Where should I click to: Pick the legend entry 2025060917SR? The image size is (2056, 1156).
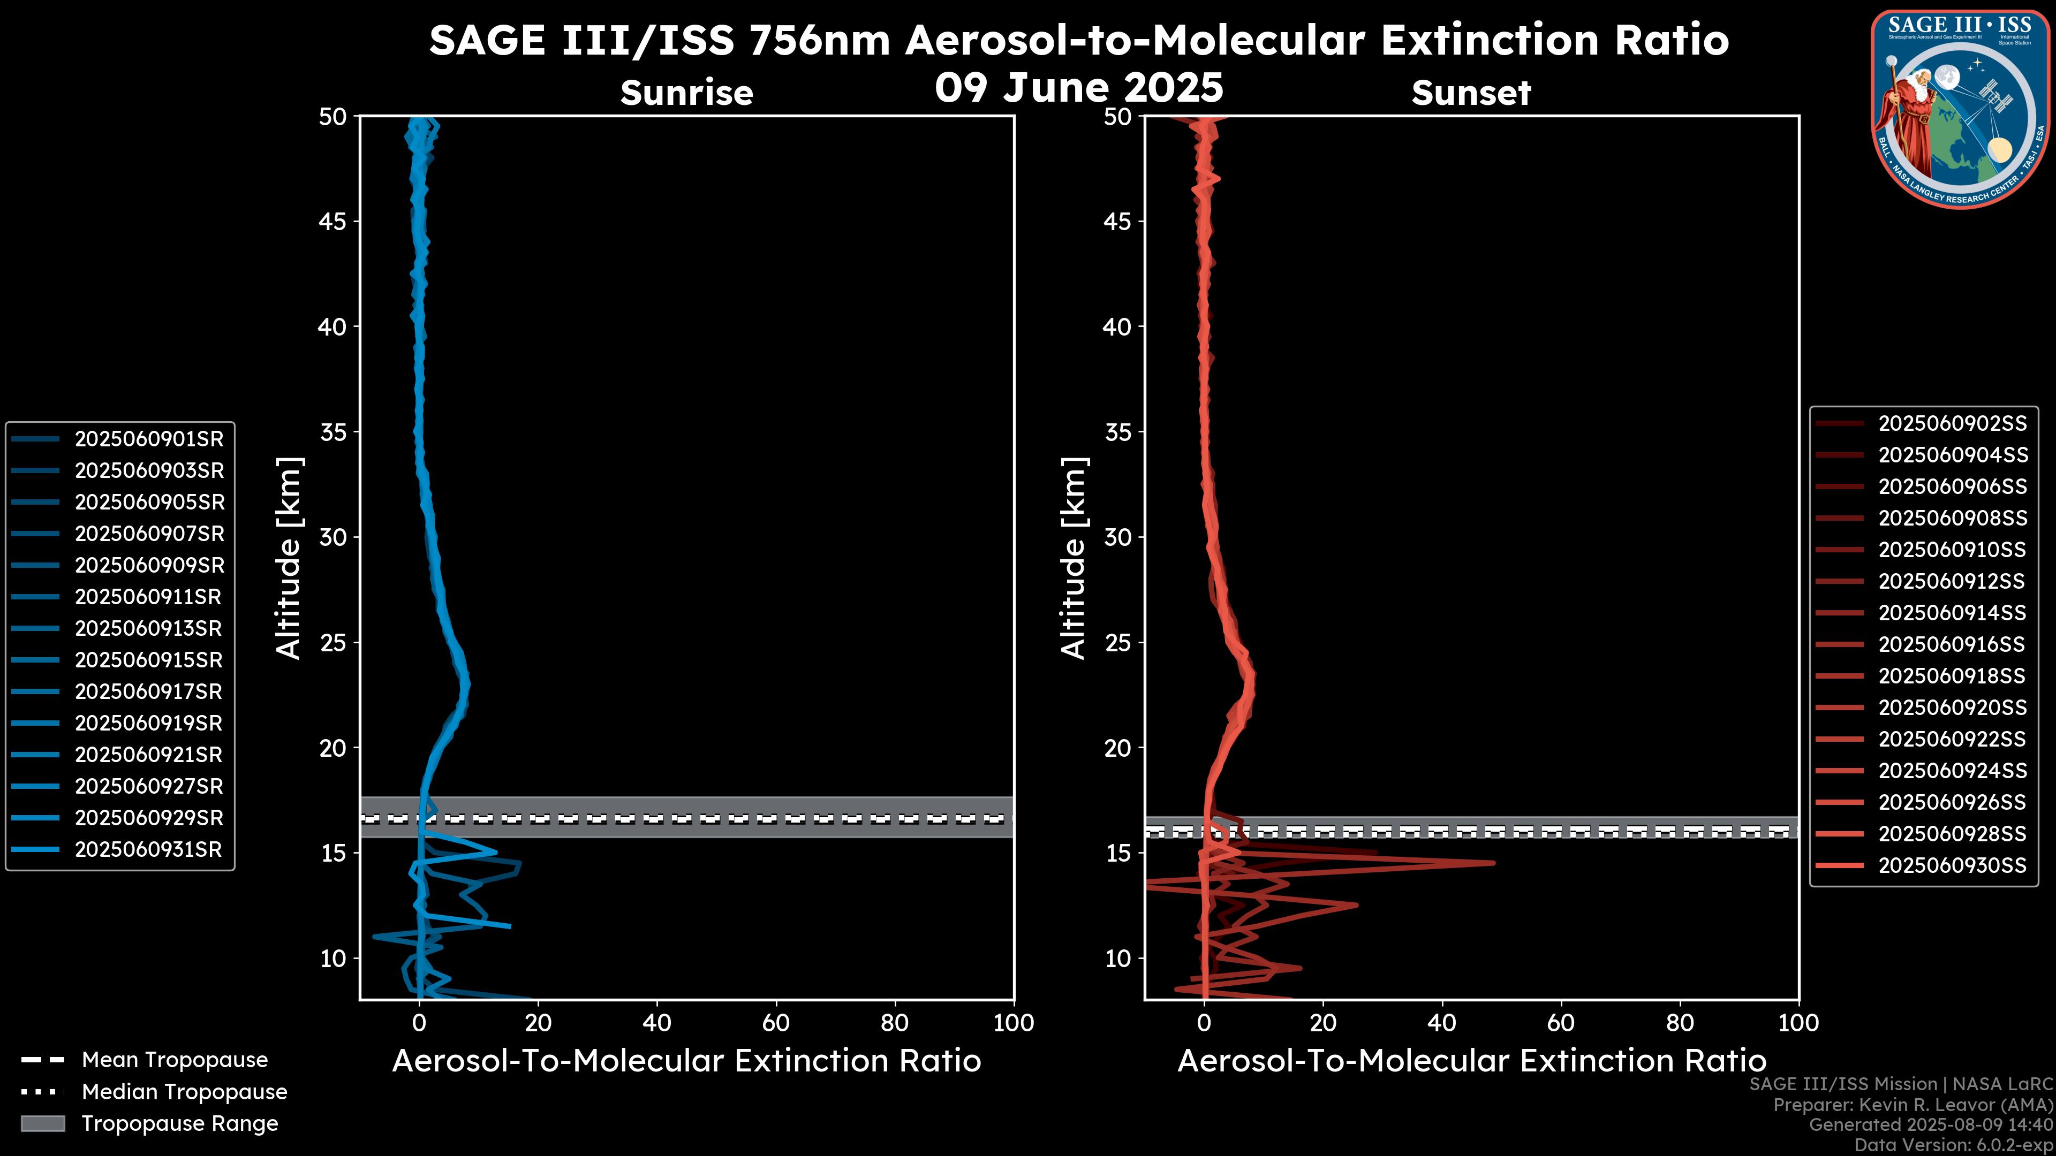pyautogui.click(x=148, y=691)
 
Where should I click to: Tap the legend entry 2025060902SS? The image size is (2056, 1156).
pyautogui.click(x=1952, y=424)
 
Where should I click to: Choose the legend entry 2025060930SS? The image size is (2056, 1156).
pyautogui.click(x=1952, y=865)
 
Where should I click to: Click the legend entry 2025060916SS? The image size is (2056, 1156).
pyautogui.click(x=1952, y=644)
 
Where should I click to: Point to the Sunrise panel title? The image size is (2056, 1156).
pyautogui.click(x=686, y=93)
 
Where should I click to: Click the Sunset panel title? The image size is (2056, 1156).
pyautogui.click(x=1471, y=93)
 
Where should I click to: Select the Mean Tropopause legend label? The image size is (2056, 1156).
pyautogui.click(x=175, y=1060)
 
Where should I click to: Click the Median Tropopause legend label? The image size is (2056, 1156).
pyautogui.click(x=184, y=1092)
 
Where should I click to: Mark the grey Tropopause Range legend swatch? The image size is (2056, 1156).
pyautogui.click(x=43, y=1123)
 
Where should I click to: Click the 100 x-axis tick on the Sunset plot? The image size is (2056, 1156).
pyautogui.click(x=1798, y=1024)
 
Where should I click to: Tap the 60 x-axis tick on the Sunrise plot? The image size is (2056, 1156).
pyautogui.click(x=776, y=1024)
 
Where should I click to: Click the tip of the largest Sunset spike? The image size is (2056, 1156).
pyautogui.click(x=1493, y=862)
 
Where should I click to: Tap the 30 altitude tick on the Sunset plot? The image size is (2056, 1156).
pyautogui.click(x=1118, y=538)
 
